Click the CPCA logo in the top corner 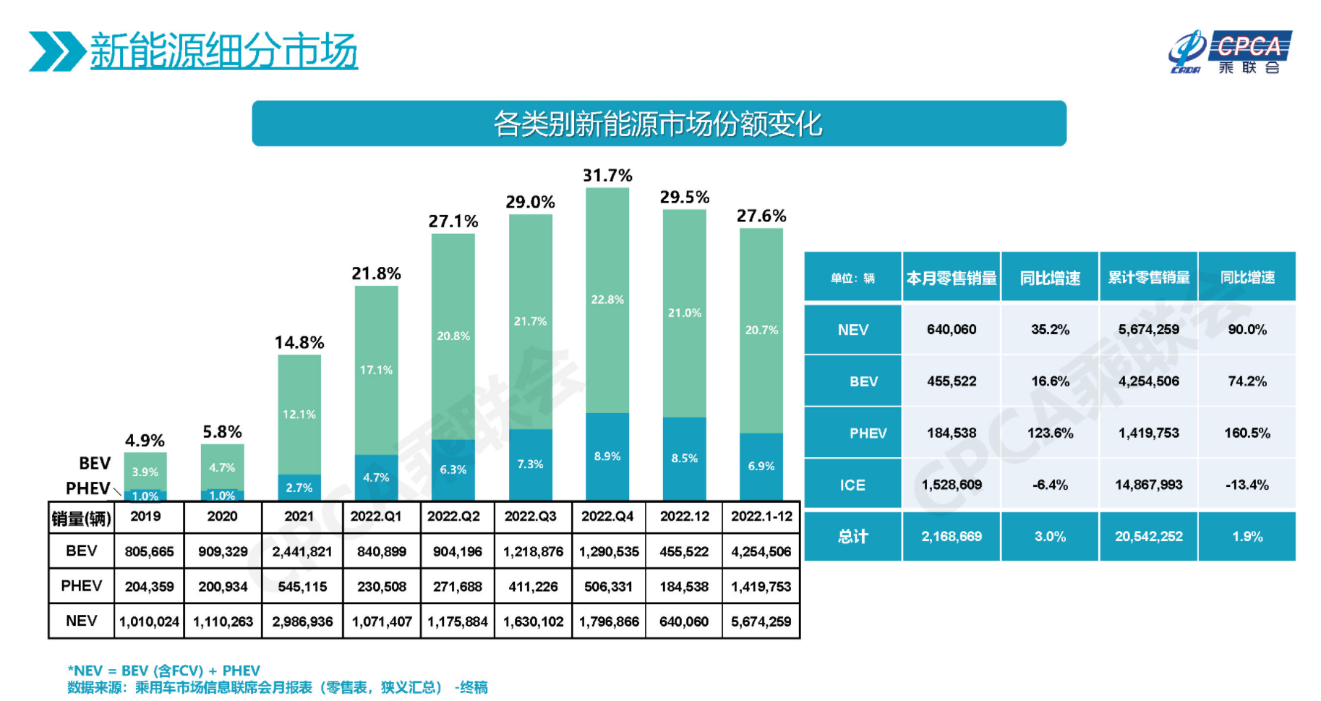[1230, 51]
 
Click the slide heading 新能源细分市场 [223, 51]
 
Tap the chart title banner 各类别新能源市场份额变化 [658, 124]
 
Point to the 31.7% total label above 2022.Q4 [607, 175]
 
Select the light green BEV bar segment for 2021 [299, 414]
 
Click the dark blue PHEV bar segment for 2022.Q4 [607, 456]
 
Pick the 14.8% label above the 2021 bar [299, 342]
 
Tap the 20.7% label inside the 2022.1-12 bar [761, 330]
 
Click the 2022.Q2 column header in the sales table [453, 517]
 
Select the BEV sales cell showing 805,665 [149, 551]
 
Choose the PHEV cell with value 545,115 [302, 587]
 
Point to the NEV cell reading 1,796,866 [609, 621]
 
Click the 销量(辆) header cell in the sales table [81, 518]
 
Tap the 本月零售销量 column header [951, 278]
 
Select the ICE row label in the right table [852, 485]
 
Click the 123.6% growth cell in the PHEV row [1050, 433]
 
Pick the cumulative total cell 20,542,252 [1148, 537]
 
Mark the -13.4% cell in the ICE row [1247, 485]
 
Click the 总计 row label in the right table [852, 537]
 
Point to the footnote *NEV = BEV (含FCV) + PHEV [163, 671]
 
